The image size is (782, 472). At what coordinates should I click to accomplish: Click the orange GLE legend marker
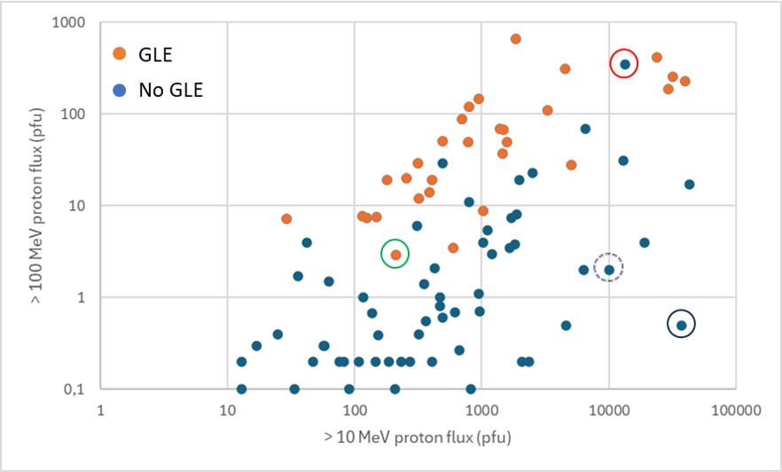[x=119, y=55]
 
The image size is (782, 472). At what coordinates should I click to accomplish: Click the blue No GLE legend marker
[x=119, y=89]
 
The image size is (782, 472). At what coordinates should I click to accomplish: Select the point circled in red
[x=625, y=64]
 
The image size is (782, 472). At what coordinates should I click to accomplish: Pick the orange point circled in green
[x=395, y=255]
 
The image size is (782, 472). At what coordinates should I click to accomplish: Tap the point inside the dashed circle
[x=609, y=270]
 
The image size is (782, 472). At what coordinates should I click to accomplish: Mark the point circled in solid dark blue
[x=681, y=326]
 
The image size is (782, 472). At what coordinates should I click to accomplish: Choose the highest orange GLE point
[x=515, y=39]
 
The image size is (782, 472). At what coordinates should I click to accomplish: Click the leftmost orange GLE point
[x=286, y=218]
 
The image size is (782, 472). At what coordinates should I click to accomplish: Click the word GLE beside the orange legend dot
[x=155, y=55]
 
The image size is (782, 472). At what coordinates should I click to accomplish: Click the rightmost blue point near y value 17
[x=689, y=185]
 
